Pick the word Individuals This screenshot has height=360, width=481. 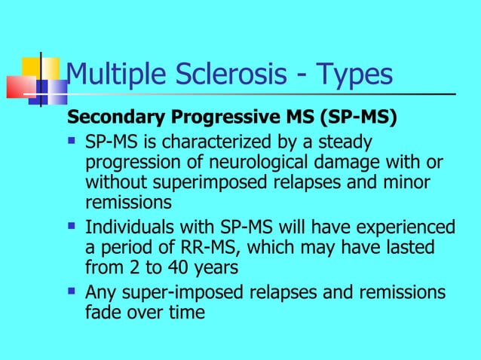click(x=127, y=227)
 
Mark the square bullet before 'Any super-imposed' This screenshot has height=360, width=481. click(x=72, y=291)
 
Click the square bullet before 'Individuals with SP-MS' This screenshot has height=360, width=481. click(x=72, y=226)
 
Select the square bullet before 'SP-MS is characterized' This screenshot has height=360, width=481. click(x=72, y=141)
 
